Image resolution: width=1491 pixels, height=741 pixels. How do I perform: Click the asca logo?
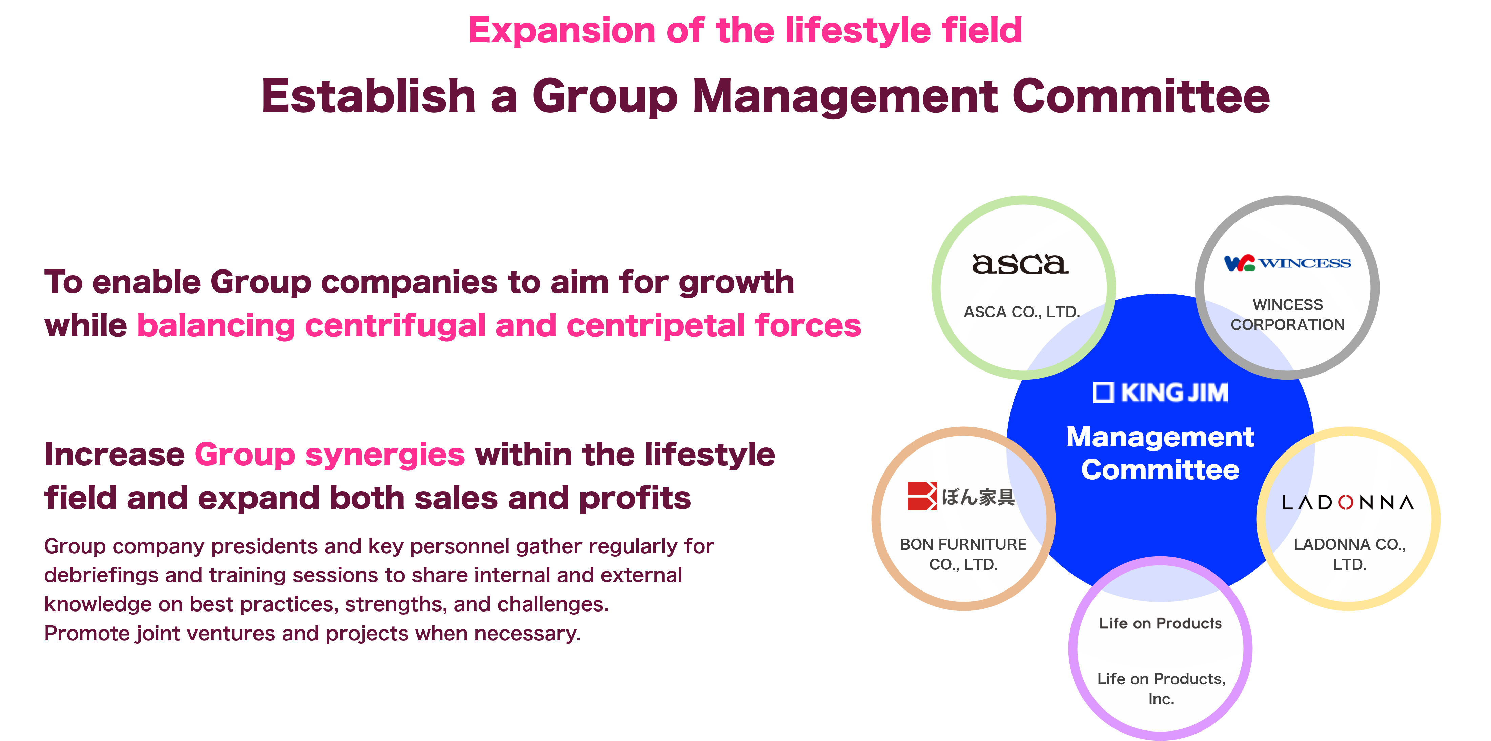coord(1020,264)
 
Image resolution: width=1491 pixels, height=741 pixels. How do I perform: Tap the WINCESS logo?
coord(1287,263)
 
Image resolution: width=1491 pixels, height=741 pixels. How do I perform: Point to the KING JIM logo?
coord(1161,393)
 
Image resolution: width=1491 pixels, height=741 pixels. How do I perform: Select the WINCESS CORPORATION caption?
coord(1287,315)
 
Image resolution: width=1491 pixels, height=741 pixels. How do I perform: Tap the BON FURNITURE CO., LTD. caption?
coord(963,554)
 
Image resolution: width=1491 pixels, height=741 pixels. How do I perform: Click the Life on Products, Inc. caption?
coord(1161,688)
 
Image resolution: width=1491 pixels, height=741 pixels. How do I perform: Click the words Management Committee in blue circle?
coord(1161,453)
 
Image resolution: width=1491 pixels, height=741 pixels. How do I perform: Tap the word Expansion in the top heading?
coord(561,31)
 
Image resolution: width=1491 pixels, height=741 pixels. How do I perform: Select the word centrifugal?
coord(395,325)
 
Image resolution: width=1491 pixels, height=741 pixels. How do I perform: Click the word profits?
coord(634,498)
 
